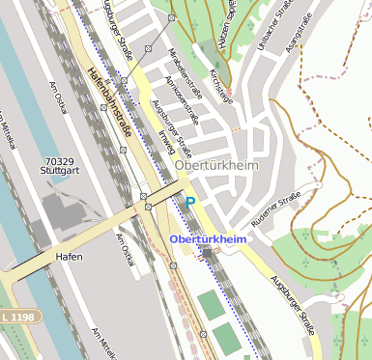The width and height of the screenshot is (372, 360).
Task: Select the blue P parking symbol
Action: [190, 202]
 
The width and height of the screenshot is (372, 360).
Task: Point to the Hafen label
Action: [69, 257]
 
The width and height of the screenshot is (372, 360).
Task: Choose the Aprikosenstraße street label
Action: [182, 99]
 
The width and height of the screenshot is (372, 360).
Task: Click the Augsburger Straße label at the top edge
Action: [114, 27]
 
